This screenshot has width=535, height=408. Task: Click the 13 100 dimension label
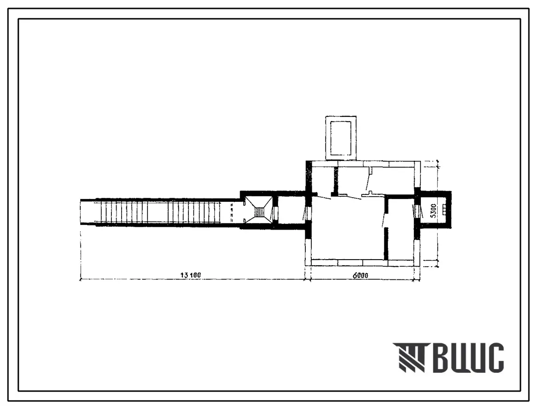pos(191,275)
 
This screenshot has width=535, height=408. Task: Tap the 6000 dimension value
pos(360,275)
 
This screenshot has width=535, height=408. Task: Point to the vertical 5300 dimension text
pos(433,211)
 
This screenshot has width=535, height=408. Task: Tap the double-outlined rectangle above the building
pos(341,138)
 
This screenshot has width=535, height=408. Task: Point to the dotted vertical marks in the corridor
pos(232,212)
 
